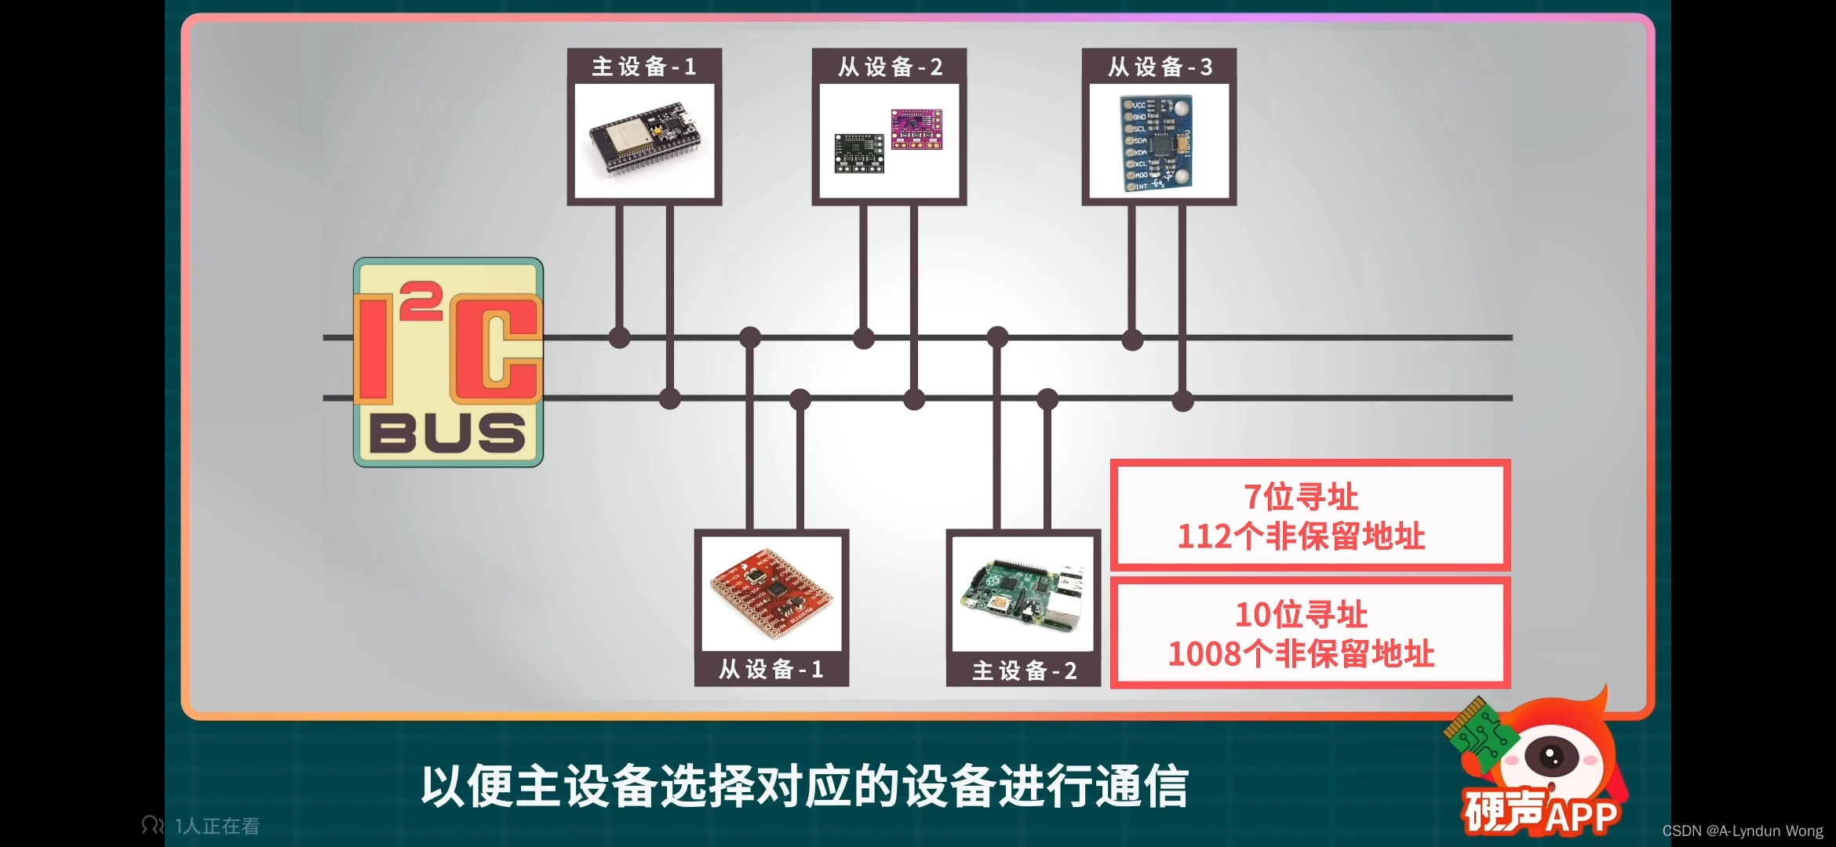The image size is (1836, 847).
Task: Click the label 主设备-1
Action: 644,67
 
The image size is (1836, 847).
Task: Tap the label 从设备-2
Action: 890,67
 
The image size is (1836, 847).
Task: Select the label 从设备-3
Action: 1160,67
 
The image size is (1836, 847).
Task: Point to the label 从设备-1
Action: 771,669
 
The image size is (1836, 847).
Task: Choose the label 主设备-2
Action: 1024,671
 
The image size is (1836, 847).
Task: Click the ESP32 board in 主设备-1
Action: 643,141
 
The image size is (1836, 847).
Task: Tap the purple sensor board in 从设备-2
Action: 916,129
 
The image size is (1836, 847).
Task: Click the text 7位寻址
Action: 1301,496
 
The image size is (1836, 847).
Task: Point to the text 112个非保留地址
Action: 1301,536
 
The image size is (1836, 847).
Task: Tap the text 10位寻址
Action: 1301,614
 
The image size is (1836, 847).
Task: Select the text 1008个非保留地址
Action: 1301,653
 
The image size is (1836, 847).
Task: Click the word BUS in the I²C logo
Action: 447,433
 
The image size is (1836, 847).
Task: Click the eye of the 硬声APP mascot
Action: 1550,757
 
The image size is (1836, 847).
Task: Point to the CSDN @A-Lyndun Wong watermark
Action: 1743,831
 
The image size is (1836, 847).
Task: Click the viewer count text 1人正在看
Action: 217,826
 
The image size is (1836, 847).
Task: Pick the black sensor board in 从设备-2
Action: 858,153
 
